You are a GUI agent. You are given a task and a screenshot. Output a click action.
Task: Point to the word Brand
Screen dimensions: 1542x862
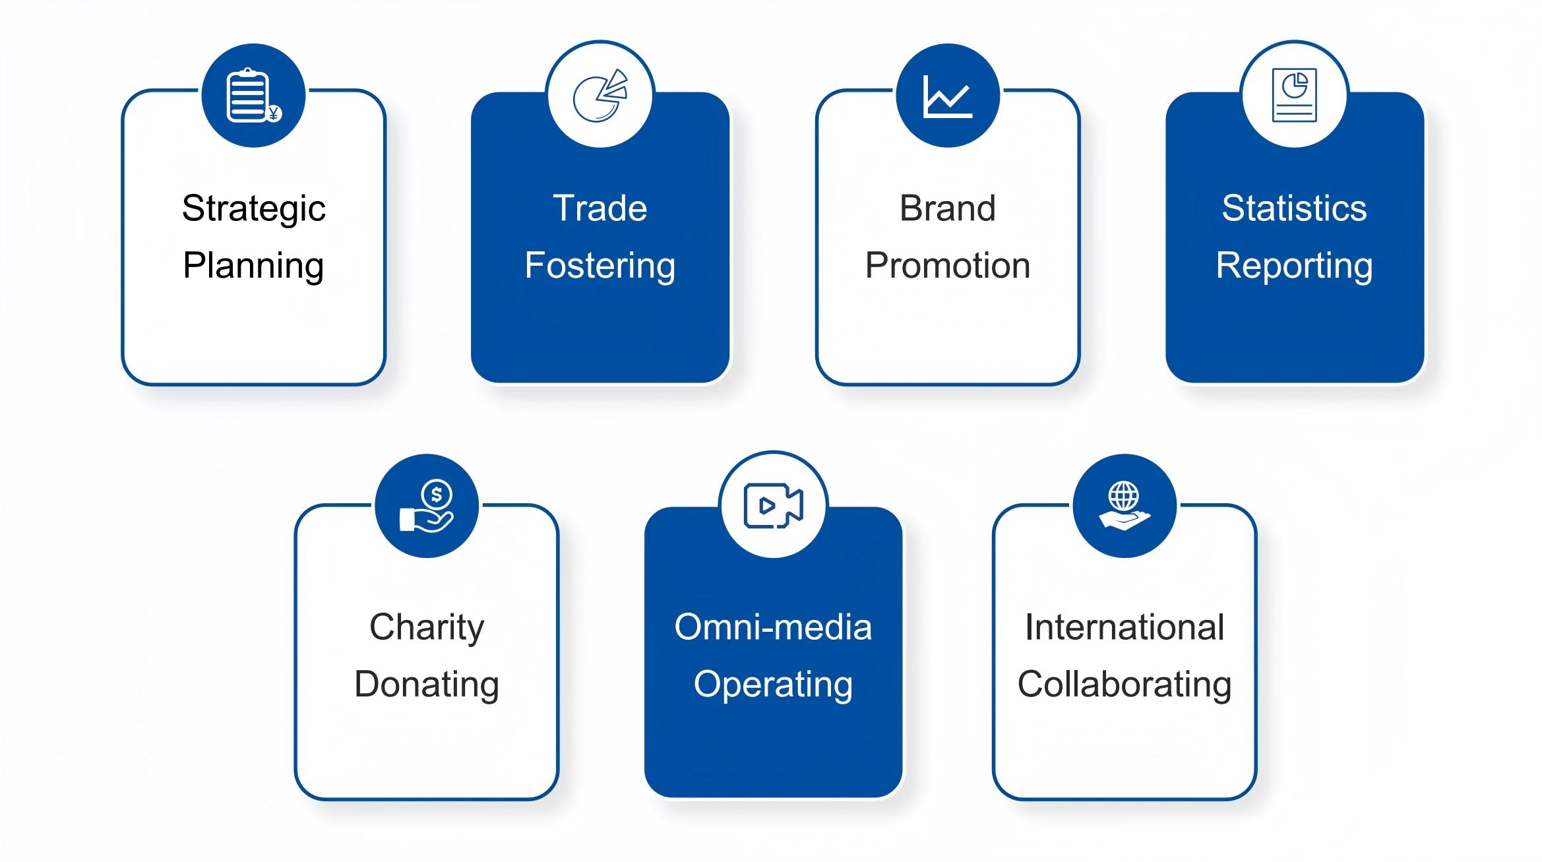coord(948,208)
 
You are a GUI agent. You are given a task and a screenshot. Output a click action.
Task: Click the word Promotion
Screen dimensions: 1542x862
coord(948,266)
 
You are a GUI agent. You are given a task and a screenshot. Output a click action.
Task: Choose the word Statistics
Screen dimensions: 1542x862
coord(1295,208)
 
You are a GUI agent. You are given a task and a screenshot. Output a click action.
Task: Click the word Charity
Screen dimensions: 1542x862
coord(427,628)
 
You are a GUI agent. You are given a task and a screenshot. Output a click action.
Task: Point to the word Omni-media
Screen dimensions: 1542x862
coord(773,627)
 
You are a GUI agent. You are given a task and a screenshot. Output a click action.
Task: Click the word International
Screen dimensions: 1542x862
coord(1125,627)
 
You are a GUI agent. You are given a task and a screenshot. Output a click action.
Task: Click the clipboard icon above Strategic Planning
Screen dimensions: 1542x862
coord(254,96)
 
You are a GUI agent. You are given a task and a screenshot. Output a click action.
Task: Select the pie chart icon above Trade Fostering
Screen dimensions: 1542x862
coord(600,96)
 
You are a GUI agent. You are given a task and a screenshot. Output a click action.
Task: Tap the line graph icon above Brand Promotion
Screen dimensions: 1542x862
coord(948,96)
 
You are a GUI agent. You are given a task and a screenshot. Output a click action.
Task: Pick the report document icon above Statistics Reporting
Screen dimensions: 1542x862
coord(1294,96)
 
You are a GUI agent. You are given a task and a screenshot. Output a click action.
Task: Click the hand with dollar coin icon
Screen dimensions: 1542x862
coord(427,506)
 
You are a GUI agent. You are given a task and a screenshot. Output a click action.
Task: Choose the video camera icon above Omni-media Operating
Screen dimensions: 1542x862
coord(773,506)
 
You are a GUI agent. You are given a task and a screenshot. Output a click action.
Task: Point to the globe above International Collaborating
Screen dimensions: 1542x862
coord(1124,495)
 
